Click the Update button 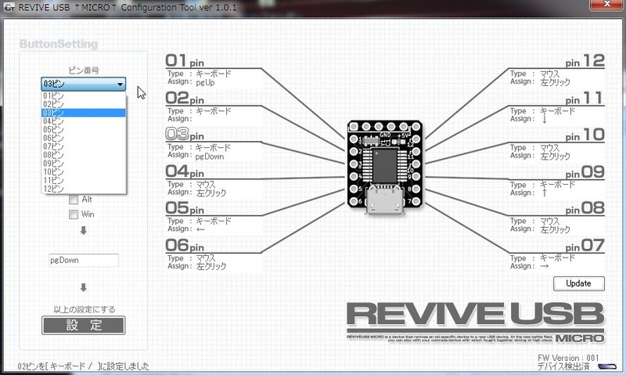click(x=578, y=283)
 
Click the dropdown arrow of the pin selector click(x=120, y=84)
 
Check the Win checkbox click(x=74, y=214)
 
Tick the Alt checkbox click(x=74, y=200)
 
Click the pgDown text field click(x=83, y=260)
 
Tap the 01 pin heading click(x=185, y=61)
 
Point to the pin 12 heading click(x=585, y=61)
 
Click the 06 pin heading click(x=185, y=246)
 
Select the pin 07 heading click(x=585, y=246)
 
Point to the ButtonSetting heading click(x=58, y=45)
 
